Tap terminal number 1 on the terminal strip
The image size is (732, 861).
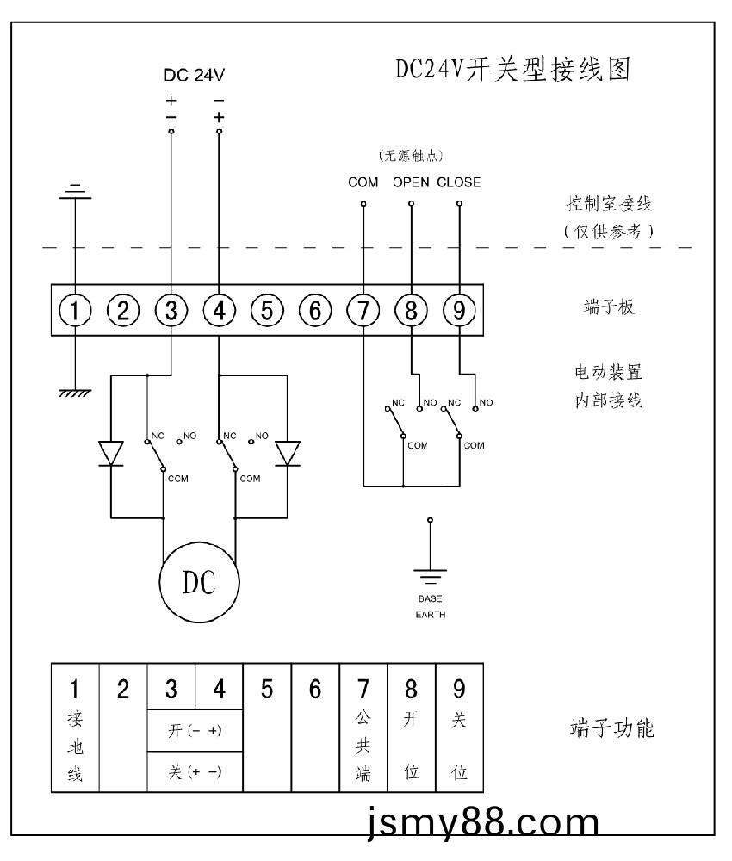click(x=76, y=311)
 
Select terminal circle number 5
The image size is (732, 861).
click(x=267, y=311)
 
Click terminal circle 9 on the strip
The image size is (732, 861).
click(x=458, y=311)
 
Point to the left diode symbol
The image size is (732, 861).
click(x=111, y=452)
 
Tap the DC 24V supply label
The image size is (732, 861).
click(x=195, y=76)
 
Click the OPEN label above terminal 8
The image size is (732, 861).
click(x=411, y=183)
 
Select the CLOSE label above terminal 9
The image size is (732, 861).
click(x=458, y=183)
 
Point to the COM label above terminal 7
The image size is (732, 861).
click(x=363, y=183)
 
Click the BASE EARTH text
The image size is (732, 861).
click(x=431, y=607)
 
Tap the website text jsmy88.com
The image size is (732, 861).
click(x=481, y=824)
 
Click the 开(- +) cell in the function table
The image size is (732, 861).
click(x=195, y=730)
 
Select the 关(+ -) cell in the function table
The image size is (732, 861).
click(x=195, y=771)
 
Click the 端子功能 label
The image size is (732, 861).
click(x=612, y=729)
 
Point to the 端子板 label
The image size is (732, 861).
click(x=609, y=307)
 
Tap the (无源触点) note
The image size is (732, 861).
click(x=411, y=156)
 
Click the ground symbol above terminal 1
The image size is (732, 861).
click(x=76, y=190)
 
